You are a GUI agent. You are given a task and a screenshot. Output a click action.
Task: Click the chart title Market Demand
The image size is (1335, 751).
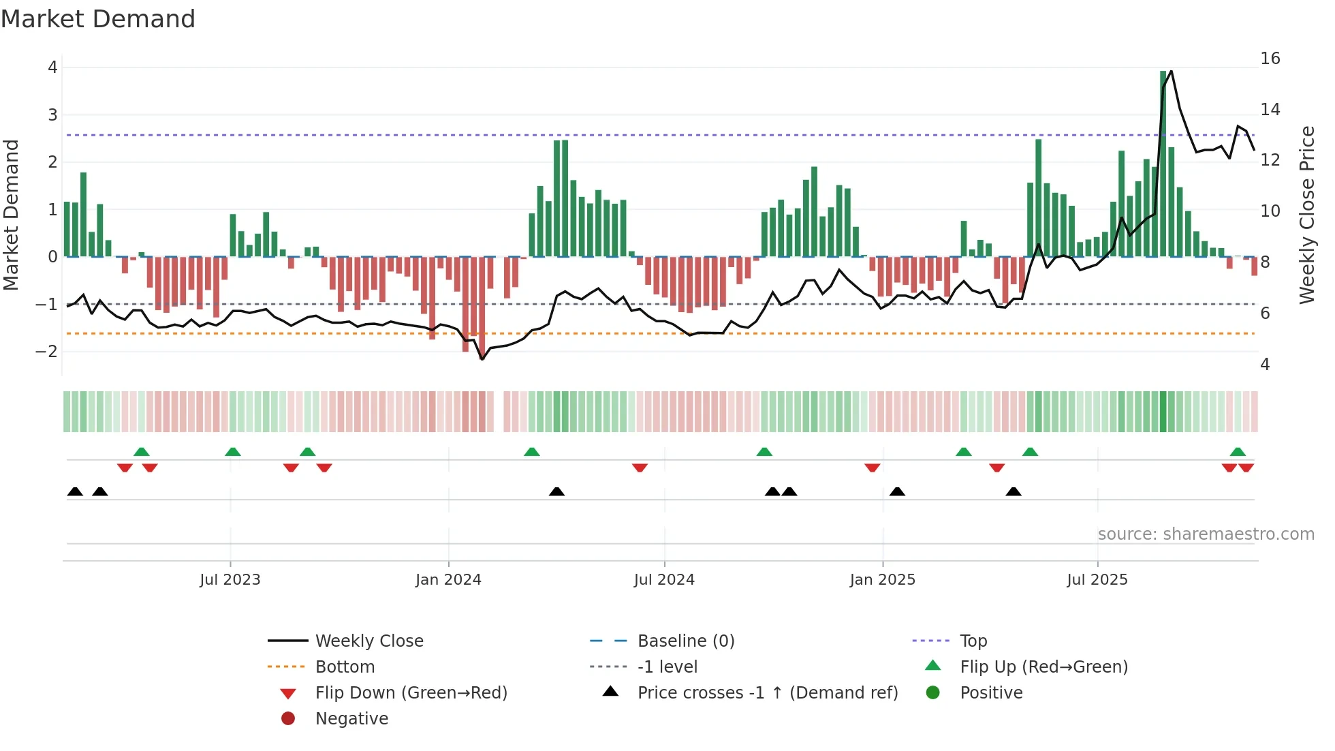coord(98,19)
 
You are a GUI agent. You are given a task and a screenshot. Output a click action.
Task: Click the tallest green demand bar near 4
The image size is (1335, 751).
coord(1163,164)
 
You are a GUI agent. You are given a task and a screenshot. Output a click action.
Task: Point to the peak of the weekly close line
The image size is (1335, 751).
coord(1171,71)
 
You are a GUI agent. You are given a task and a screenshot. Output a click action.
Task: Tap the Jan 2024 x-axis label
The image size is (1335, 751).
coord(448,580)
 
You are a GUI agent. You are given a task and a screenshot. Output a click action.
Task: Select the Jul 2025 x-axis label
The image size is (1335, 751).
coord(1097,580)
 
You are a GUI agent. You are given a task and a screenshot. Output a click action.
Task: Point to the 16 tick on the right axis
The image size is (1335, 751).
coord(1270,59)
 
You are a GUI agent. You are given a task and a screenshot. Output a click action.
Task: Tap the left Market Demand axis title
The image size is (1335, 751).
coord(12,215)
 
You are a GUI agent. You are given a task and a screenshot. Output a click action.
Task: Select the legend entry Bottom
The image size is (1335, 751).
coord(345,667)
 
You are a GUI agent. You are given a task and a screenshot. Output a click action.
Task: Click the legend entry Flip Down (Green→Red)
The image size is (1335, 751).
coord(411,693)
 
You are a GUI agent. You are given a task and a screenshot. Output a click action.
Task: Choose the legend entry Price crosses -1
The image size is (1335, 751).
coord(767,693)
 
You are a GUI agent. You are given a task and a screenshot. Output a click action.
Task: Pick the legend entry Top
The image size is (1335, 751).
coord(973,641)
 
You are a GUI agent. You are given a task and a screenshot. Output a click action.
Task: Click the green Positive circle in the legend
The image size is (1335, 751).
coord(933,693)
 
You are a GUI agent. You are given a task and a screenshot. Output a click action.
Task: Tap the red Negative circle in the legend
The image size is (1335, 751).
coord(288,719)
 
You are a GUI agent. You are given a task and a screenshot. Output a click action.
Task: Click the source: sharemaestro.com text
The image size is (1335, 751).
coord(1206,534)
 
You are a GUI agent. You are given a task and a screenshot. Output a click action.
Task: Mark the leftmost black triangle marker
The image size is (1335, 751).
coord(75,492)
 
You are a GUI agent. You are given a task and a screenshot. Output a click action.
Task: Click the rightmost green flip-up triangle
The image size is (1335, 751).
coord(1238,452)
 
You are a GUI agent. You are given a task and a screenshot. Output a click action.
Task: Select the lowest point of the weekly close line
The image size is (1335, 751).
coord(482,359)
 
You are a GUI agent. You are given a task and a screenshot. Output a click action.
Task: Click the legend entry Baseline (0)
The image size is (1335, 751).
coord(685,641)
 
